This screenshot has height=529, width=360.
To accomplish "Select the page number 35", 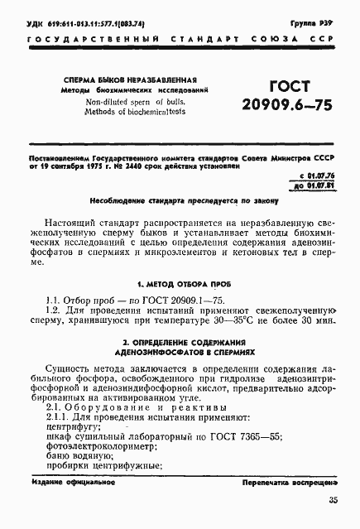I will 333,500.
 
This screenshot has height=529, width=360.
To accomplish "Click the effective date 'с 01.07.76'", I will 318,177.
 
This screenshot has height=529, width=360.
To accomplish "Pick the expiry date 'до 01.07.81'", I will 317,187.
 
